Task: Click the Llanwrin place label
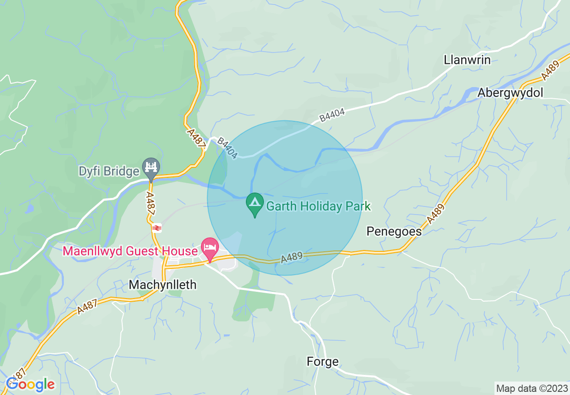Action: [467, 60]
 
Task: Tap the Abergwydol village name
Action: [510, 92]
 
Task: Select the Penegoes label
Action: [394, 231]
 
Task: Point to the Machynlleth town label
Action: [162, 285]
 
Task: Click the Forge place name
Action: [322, 361]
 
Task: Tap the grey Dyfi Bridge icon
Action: [151, 167]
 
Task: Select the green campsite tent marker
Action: [255, 204]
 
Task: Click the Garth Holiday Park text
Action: [318, 206]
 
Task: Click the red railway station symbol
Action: [156, 228]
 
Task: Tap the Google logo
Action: [31, 385]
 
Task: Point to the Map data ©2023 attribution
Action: [531, 388]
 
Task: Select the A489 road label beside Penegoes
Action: [436, 214]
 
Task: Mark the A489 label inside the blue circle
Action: [292, 258]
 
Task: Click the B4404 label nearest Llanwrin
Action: [332, 115]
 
